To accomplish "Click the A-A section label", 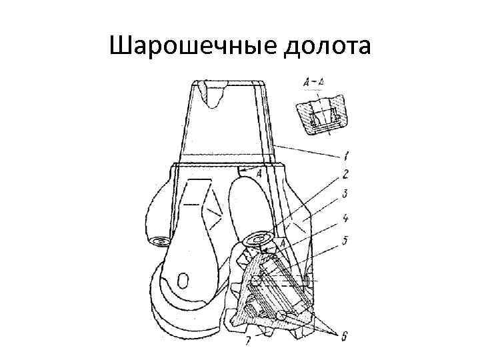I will (313, 82).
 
